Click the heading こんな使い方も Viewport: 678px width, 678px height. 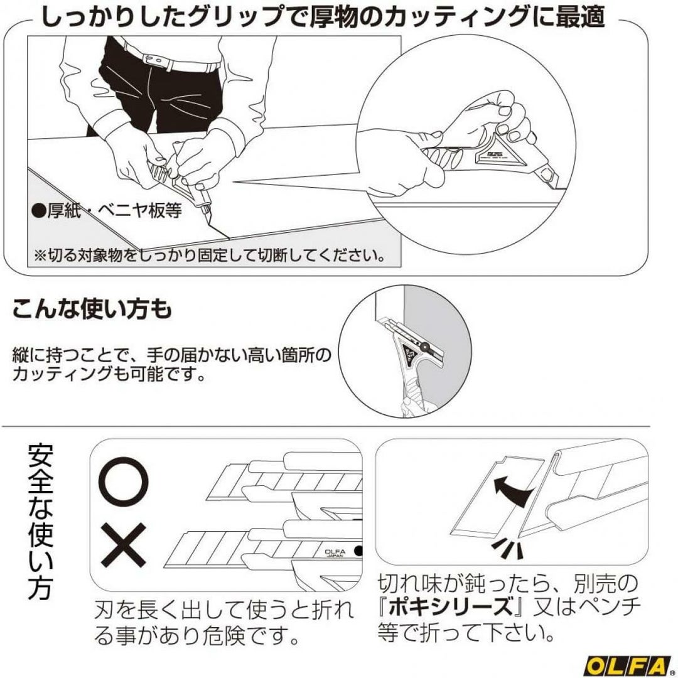coord(92,309)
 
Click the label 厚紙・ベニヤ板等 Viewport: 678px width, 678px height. coord(107,210)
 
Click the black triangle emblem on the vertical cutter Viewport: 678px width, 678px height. coord(408,355)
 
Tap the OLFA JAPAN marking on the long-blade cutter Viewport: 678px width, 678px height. coord(335,553)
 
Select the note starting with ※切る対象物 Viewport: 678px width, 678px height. coord(209,256)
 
